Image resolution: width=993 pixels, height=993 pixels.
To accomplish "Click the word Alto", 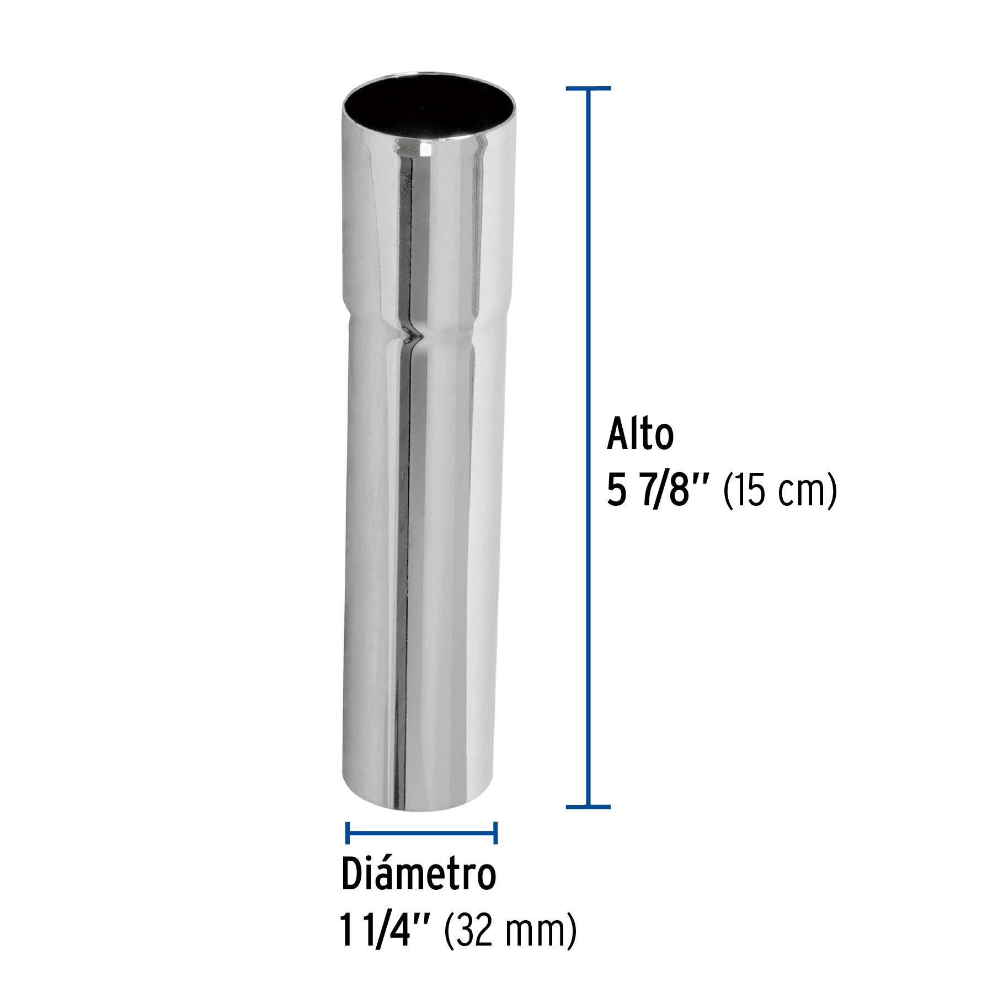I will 640,435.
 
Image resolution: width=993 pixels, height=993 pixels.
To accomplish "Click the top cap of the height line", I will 588,88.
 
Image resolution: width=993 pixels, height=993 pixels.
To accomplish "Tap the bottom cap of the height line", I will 588,807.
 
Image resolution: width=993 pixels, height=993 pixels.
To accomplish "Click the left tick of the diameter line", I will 347,832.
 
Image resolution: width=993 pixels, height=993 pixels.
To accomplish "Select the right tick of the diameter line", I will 495,832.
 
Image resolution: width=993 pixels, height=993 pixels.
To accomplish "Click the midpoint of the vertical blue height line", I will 588,447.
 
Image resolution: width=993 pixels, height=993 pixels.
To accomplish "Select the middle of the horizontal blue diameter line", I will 421,832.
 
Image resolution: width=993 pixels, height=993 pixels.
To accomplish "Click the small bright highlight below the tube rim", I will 425,149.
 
